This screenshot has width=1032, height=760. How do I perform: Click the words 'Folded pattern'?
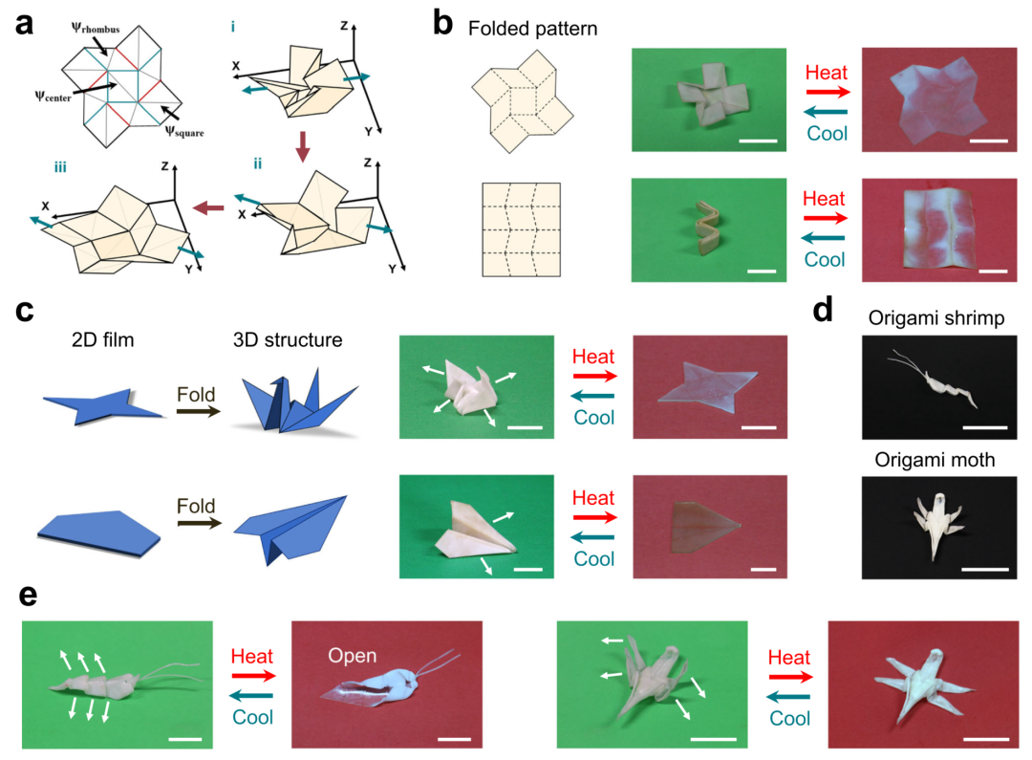(532, 30)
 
